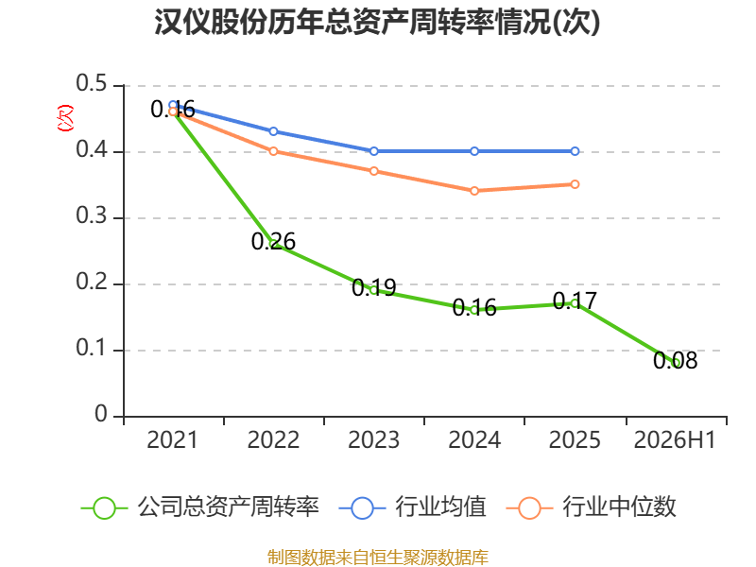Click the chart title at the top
[x=377, y=22]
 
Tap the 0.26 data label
[x=273, y=241]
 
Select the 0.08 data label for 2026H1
[x=675, y=360]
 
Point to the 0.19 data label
[x=373, y=287]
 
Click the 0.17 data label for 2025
[x=575, y=301]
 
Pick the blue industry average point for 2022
[x=273, y=131]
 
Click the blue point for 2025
[x=575, y=151]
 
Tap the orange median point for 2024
[x=474, y=191]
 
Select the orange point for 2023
[x=373, y=171]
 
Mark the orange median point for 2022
[x=273, y=151]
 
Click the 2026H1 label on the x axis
[x=675, y=439]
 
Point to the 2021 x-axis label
[x=172, y=439]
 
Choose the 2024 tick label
[x=474, y=439]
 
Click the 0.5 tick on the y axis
[x=91, y=83]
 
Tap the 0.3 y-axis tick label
[x=91, y=215]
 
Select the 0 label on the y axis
[x=101, y=414]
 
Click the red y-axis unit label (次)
[x=65, y=117]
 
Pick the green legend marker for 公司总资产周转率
[x=104, y=508]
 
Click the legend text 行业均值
[x=440, y=507]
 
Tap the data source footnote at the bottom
[x=377, y=558]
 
